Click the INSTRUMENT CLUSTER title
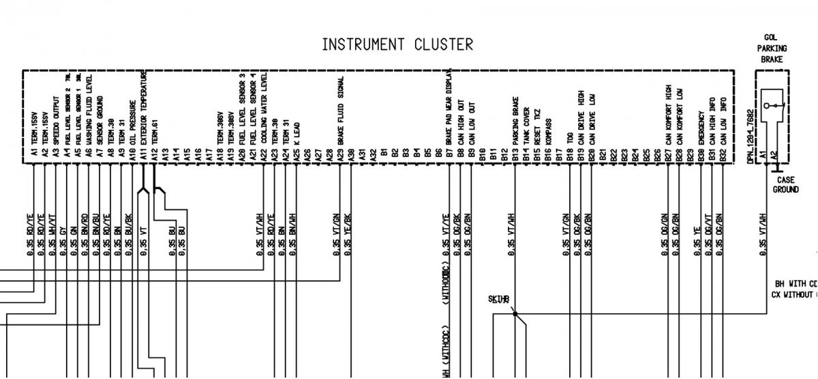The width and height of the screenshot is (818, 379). pos(397,45)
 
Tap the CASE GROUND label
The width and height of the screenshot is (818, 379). pos(785,185)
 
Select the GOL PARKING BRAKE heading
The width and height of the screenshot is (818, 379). pos(772,48)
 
